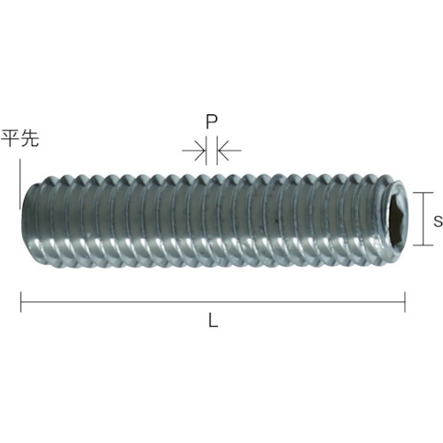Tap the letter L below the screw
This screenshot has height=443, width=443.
point(213,323)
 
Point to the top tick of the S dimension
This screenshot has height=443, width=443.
point(425,193)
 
